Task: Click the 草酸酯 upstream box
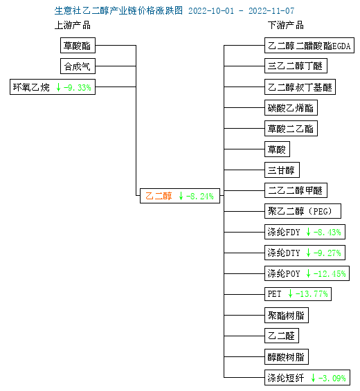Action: tap(78, 46)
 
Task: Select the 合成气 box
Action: tap(78, 66)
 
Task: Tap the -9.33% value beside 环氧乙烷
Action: tap(78, 87)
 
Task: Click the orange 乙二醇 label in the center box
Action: tap(159, 196)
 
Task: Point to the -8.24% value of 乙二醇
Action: tap(200, 197)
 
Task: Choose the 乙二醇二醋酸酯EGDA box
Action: tap(309, 46)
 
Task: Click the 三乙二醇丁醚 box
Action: tap(296, 66)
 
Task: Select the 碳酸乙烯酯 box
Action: tap(291, 108)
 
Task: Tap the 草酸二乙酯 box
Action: tap(291, 129)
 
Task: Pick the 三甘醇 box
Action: tap(282, 170)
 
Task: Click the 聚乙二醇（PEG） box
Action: tap(303, 211)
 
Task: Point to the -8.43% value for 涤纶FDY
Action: tap(327, 232)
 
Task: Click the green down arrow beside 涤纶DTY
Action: tap(308, 253)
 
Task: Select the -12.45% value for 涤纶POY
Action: tap(330, 273)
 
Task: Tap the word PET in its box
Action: tap(274, 294)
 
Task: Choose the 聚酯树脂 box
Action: tap(287, 315)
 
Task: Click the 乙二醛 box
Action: tap(282, 336)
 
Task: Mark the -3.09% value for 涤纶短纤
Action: tap(332, 378)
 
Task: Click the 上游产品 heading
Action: tap(73, 26)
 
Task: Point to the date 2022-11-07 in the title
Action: tap(271, 10)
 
